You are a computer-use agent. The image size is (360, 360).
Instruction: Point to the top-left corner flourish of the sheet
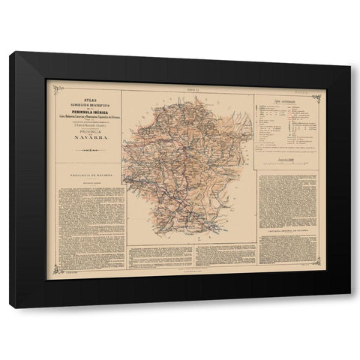[x=50, y=84]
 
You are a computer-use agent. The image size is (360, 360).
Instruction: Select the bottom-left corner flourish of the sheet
[x=50, y=278]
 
